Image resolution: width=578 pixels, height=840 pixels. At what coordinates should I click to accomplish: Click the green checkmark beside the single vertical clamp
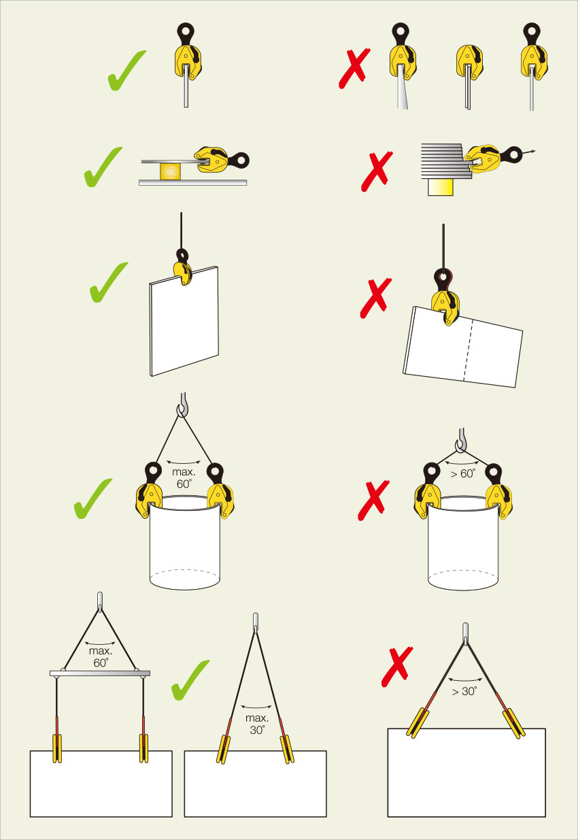click(126, 71)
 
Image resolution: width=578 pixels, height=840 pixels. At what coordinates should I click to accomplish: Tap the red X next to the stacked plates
click(377, 171)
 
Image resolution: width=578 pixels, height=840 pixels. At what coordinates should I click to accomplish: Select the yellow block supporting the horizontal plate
click(171, 171)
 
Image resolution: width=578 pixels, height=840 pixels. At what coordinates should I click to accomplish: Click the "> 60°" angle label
click(463, 473)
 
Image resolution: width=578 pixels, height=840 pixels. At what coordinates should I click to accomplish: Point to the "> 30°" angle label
click(464, 691)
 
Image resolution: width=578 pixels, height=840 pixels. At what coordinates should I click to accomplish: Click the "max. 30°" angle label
click(257, 724)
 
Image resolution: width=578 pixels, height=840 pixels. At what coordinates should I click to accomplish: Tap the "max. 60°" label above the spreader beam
click(101, 656)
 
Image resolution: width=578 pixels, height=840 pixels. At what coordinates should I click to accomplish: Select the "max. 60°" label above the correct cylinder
click(184, 477)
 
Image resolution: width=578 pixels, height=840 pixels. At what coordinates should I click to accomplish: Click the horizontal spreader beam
click(100, 673)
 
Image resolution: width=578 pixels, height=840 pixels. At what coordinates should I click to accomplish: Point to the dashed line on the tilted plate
click(469, 351)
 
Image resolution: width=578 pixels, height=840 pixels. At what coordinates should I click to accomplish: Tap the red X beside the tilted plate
click(375, 298)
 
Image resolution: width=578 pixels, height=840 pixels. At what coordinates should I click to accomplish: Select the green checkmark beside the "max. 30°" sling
click(190, 680)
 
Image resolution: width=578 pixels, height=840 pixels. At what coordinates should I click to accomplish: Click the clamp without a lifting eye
click(469, 63)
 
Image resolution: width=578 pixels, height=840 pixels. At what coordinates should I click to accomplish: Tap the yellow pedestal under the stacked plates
click(441, 187)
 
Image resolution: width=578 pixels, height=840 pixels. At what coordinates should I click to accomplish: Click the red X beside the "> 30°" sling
click(397, 667)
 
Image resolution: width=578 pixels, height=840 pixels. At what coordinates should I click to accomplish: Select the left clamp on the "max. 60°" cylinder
click(149, 490)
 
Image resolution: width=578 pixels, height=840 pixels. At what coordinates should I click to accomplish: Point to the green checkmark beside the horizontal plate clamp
click(103, 167)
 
